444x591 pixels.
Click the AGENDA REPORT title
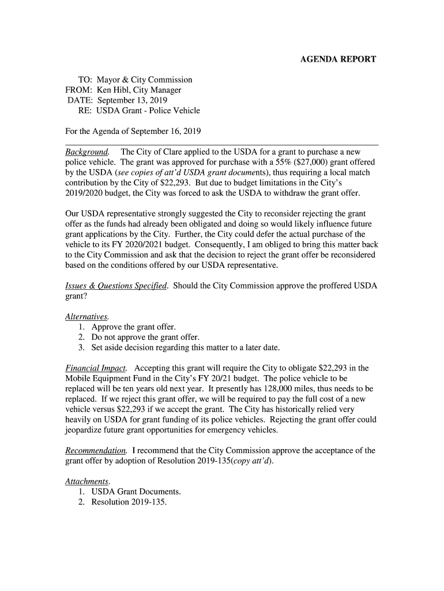(x=338, y=59)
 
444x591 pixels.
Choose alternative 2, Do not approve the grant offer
(x=145, y=337)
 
